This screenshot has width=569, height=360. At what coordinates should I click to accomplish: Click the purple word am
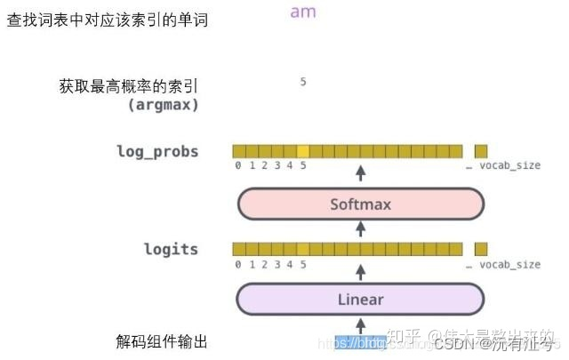pyautogui.click(x=302, y=12)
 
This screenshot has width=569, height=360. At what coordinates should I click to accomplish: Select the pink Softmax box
pyautogui.click(x=360, y=204)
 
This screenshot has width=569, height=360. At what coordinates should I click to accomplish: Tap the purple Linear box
pyautogui.click(x=360, y=300)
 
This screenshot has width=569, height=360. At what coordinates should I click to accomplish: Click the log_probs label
pyautogui.click(x=157, y=151)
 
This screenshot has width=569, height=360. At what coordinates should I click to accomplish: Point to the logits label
pyautogui.click(x=171, y=249)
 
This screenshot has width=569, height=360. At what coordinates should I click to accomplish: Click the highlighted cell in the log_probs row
pyautogui.click(x=303, y=151)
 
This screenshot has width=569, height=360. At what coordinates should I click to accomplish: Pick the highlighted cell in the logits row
pyautogui.click(x=303, y=249)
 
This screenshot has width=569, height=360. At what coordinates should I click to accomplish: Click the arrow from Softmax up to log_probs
pyautogui.click(x=360, y=172)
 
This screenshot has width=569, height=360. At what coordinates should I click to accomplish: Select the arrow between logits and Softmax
pyautogui.click(x=360, y=228)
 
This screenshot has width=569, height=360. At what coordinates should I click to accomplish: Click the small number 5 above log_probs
pyautogui.click(x=303, y=82)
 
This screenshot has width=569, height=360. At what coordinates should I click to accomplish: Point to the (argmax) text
pyautogui.click(x=164, y=105)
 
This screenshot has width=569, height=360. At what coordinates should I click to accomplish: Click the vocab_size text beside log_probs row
pyautogui.click(x=509, y=166)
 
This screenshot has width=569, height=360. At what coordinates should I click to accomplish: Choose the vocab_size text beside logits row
pyautogui.click(x=509, y=264)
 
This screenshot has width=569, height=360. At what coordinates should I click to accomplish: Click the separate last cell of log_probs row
pyautogui.click(x=481, y=151)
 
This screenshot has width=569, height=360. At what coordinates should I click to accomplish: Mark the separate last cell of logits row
pyautogui.click(x=481, y=249)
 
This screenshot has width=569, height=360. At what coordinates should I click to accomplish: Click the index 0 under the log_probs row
pyautogui.click(x=237, y=166)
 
